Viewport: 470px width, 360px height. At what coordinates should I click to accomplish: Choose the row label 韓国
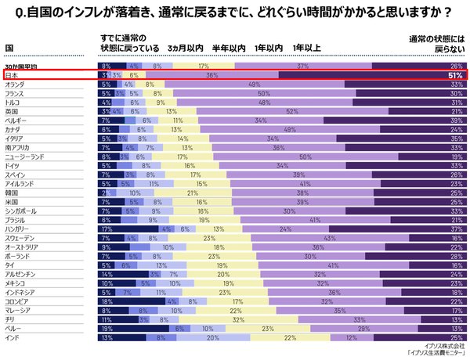(11, 192)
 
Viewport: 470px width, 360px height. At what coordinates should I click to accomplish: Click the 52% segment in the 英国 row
(291, 111)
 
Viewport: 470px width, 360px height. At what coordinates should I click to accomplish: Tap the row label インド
(12, 337)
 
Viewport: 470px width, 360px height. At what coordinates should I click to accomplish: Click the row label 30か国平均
(19, 67)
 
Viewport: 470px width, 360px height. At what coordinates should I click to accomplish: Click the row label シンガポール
(20, 211)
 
